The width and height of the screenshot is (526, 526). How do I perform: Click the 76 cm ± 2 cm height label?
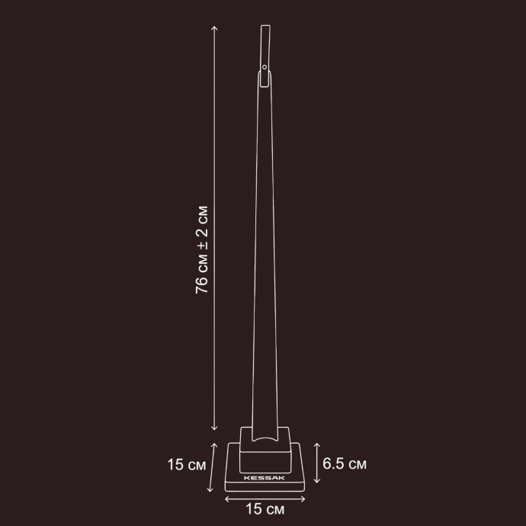(201, 250)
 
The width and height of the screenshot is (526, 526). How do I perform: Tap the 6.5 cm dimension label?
(344, 463)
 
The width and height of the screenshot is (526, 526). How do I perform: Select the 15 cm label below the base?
(265, 509)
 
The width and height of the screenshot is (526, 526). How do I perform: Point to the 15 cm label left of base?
(187, 464)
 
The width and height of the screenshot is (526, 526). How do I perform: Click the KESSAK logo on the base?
(265, 478)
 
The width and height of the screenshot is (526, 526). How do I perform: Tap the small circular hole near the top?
(265, 67)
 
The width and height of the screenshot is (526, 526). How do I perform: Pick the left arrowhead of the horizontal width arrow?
(226, 499)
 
